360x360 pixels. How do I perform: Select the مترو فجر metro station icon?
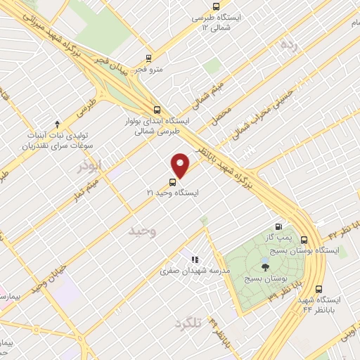pos(148,58)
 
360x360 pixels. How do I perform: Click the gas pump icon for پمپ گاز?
pos(279,227)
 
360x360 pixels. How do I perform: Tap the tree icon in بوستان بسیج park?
pos(264,266)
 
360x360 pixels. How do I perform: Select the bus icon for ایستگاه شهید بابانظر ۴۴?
pos(320,288)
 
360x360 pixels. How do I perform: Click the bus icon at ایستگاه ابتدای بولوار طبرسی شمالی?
pos(156,110)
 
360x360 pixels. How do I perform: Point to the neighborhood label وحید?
pos(143,230)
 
